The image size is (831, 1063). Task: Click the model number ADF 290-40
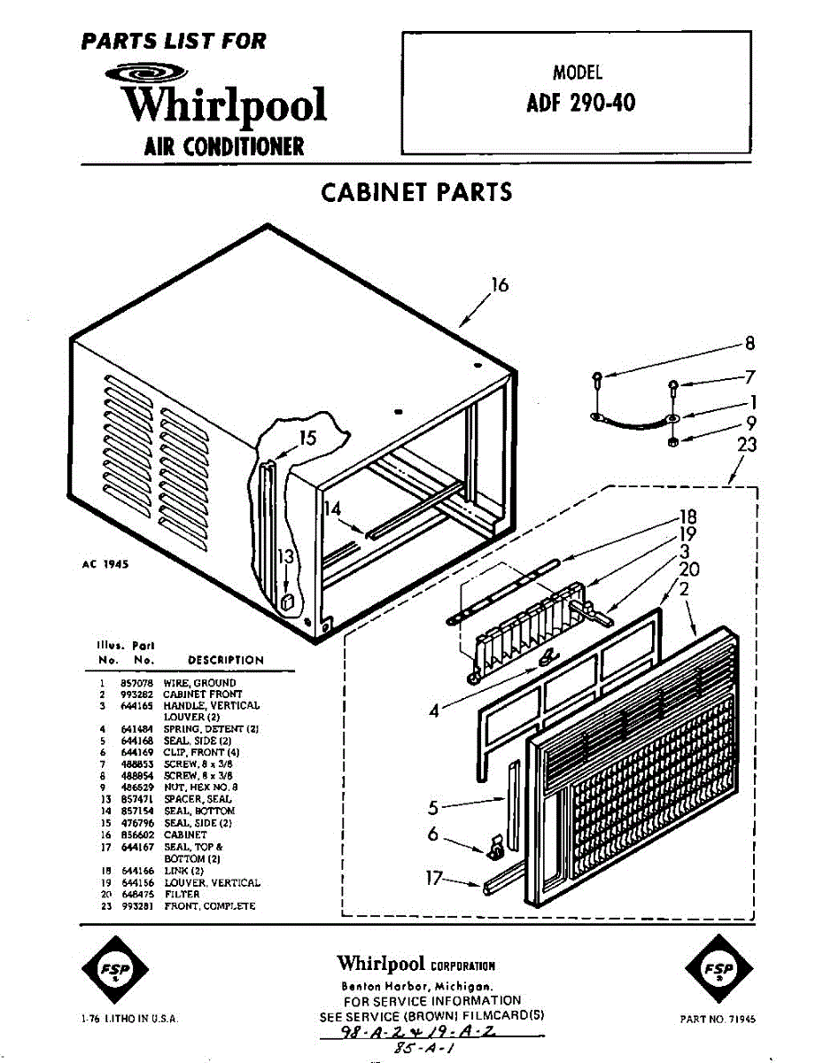click(x=580, y=104)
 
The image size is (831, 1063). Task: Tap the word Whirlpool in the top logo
click(x=225, y=105)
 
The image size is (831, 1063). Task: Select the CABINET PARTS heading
click(x=415, y=191)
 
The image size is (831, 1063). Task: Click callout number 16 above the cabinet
click(x=501, y=284)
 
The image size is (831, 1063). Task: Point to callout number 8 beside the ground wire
click(x=749, y=344)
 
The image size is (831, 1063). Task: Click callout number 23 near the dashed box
click(x=748, y=444)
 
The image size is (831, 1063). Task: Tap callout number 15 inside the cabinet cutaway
click(x=307, y=438)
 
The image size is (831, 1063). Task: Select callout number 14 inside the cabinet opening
click(x=331, y=508)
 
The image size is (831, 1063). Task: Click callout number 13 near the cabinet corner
click(x=285, y=556)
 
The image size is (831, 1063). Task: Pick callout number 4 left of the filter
click(x=434, y=710)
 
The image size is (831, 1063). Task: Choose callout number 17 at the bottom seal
click(x=433, y=878)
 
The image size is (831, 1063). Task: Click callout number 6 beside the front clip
click(x=433, y=834)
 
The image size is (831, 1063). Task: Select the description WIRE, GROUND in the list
click(x=199, y=683)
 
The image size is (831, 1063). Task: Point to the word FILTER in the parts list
click(x=182, y=895)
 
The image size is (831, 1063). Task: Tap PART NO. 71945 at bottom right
click(x=718, y=1020)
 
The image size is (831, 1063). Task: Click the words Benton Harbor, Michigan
click(x=416, y=986)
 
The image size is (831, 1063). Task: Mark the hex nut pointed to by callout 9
click(x=672, y=440)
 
